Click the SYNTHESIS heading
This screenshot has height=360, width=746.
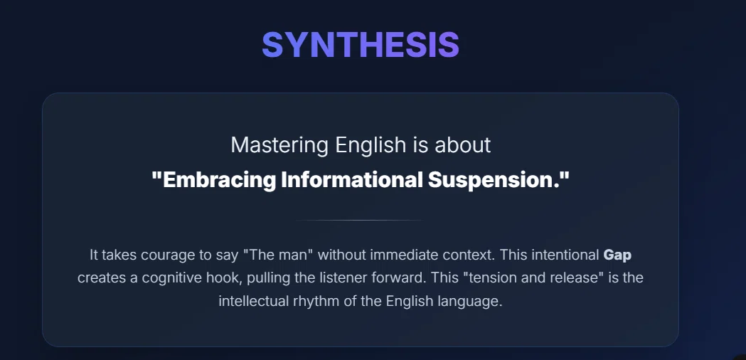click(x=360, y=45)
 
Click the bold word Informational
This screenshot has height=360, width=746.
click(x=351, y=179)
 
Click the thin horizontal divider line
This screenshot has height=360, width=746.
click(x=360, y=220)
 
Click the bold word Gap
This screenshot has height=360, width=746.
click(x=617, y=255)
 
